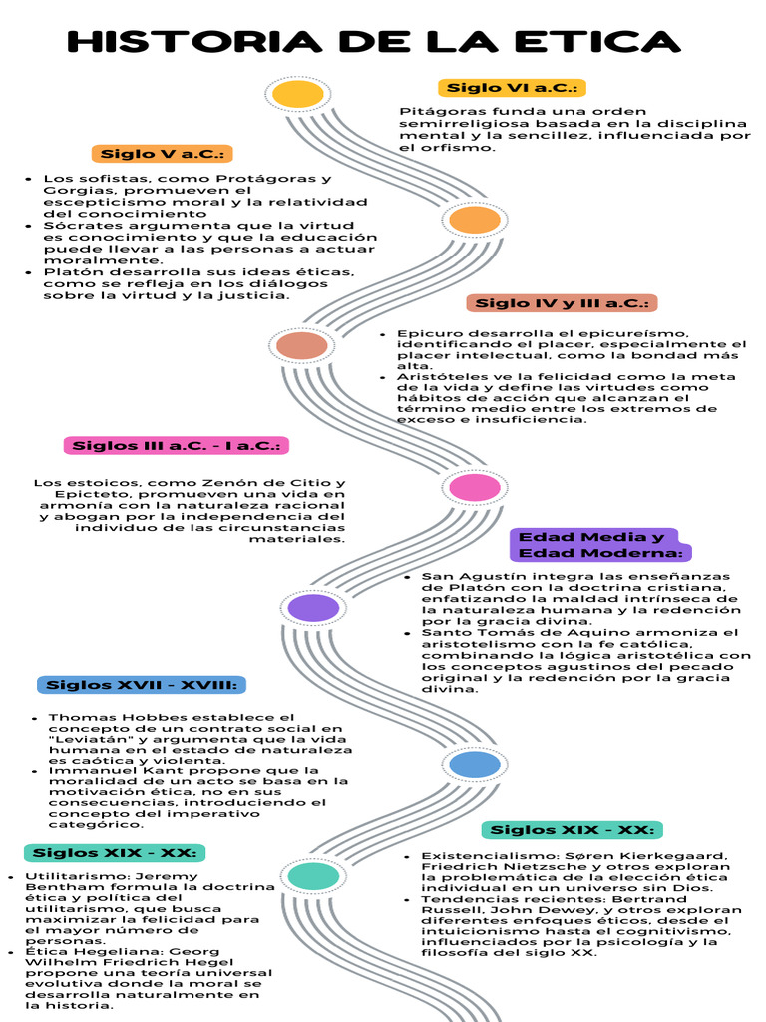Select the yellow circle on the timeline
point(297,94)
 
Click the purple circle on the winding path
point(313,607)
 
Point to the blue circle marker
point(474,766)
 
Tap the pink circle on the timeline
point(475,488)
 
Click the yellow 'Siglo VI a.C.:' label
point(512,88)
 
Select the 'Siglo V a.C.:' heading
point(162,154)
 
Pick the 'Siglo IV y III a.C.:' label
point(562,303)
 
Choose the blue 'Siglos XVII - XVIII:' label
point(141,685)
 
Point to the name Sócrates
point(73,226)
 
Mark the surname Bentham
point(58,886)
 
